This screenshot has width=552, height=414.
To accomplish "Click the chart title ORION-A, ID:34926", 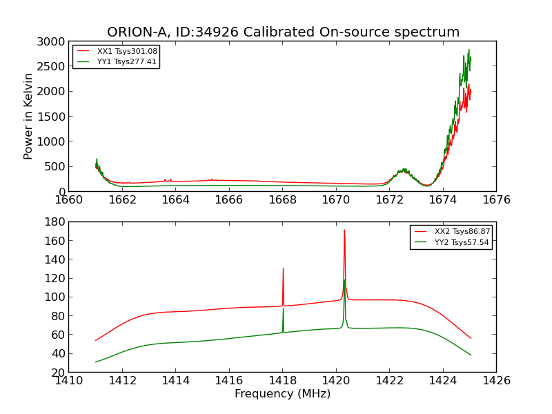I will [x=283, y=32].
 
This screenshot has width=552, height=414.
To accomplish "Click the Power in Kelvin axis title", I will [x=28, y=116].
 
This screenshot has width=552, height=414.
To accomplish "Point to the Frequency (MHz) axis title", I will [x=282, y=394].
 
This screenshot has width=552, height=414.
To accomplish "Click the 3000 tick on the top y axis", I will [x=52, y=41].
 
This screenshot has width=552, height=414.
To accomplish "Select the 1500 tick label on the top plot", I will [x=52, y=117].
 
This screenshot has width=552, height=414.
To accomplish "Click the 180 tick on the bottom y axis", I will [x=57, y=222].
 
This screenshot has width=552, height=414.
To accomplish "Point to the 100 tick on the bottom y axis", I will [x=57, y=297].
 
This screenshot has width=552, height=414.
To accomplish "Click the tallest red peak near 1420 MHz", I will [x=344, y=230].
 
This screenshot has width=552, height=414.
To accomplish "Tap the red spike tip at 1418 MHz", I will [x=283, y=268].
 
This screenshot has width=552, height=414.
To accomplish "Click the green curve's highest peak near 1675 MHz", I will [x=469, y=50].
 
